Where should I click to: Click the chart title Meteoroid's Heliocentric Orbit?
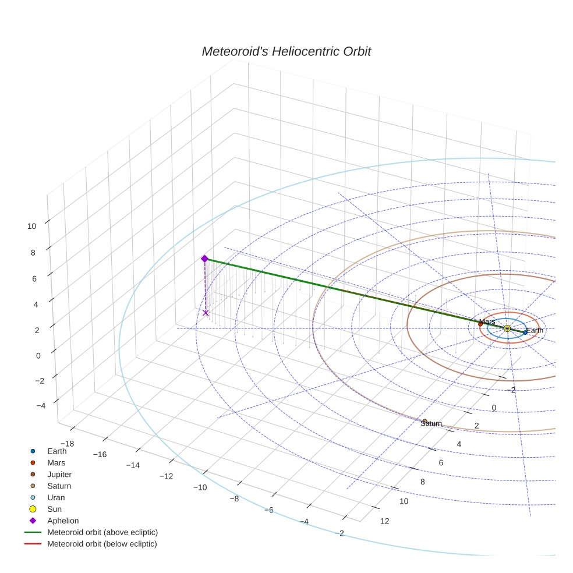(286, 52)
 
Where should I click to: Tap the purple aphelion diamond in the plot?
(204, 259)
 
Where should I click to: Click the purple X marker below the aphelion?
(206, 313)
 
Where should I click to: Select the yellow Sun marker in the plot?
(507, 328)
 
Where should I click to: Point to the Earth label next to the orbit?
(535, 330)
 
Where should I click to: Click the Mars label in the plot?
(487, 321)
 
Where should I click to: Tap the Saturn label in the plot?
(431, 423)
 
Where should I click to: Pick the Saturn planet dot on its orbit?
(425, 421)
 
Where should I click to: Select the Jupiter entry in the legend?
(59, 474)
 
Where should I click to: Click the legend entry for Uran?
(56, 497)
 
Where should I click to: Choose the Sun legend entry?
(55, 509)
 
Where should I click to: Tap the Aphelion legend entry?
(63, 521)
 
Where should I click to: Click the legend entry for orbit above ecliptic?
(102, 532)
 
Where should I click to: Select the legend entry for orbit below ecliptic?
(102, 544)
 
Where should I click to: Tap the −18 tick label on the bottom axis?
(67, 443)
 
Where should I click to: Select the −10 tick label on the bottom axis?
(200, 487)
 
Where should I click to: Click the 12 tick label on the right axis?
(384, 521)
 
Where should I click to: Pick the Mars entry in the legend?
(56, 462)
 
